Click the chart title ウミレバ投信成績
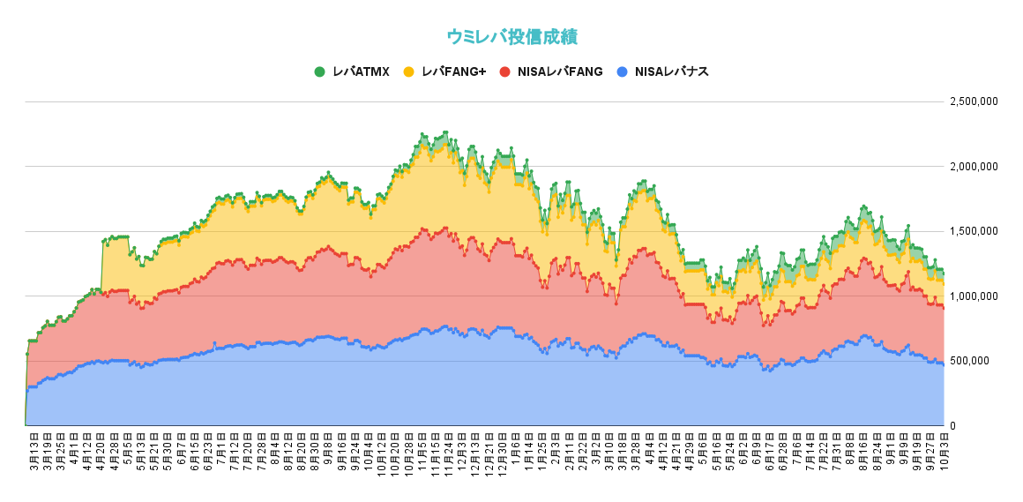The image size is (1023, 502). point(511,37)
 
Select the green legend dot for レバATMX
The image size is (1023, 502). point(319,71)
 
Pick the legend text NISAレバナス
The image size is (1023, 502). point(672,71)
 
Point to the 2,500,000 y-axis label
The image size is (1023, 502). point(974,101)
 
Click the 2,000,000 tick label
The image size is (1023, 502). point(974,166)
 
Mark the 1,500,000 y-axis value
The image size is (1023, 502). point(974,231)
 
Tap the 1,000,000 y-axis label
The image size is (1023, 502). point(974,296)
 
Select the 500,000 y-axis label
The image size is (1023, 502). point(979,361)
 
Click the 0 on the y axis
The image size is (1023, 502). point(953,426)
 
